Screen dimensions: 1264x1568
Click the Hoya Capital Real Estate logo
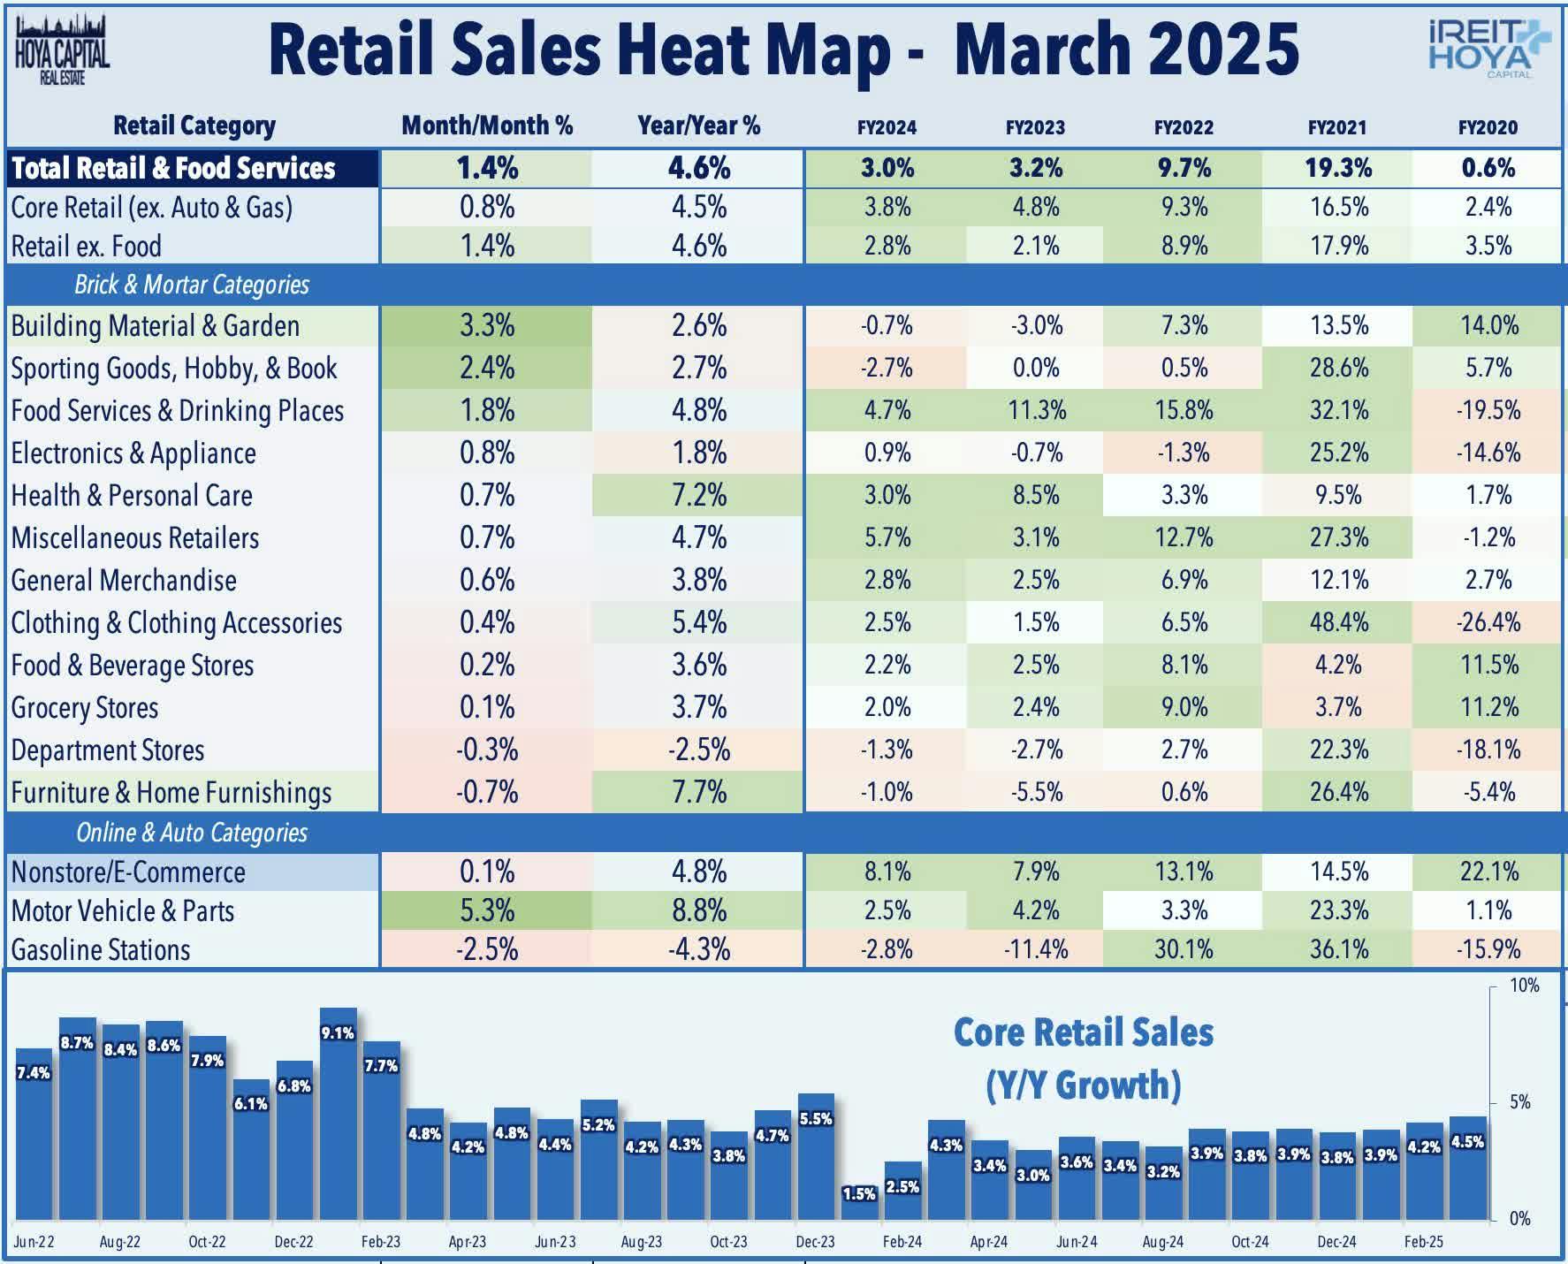coord(62,49)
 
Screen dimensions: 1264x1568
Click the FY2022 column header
coord(1184,127)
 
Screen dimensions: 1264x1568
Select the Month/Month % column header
coord(487,126)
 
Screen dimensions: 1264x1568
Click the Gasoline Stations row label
coord(101,950)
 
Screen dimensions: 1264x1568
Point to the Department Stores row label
coord(108,750)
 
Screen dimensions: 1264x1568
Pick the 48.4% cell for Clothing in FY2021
coord(1338,622)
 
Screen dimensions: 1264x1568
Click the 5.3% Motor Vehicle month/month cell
coord(487,911)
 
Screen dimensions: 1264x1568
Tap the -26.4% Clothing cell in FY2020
coord(1488,622)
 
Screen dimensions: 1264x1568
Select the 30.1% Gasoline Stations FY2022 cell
coord(1184,950)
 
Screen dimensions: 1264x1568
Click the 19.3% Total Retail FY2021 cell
coord(1338,168)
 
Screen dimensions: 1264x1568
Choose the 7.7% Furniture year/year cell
coord(698,792)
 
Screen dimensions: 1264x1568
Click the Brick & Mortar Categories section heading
coord(192,285)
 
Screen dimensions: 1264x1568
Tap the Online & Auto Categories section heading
coord(192,833)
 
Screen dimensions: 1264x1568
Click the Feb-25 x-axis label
coord(1423,1242)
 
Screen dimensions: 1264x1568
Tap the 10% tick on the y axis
coord(1525,986)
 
